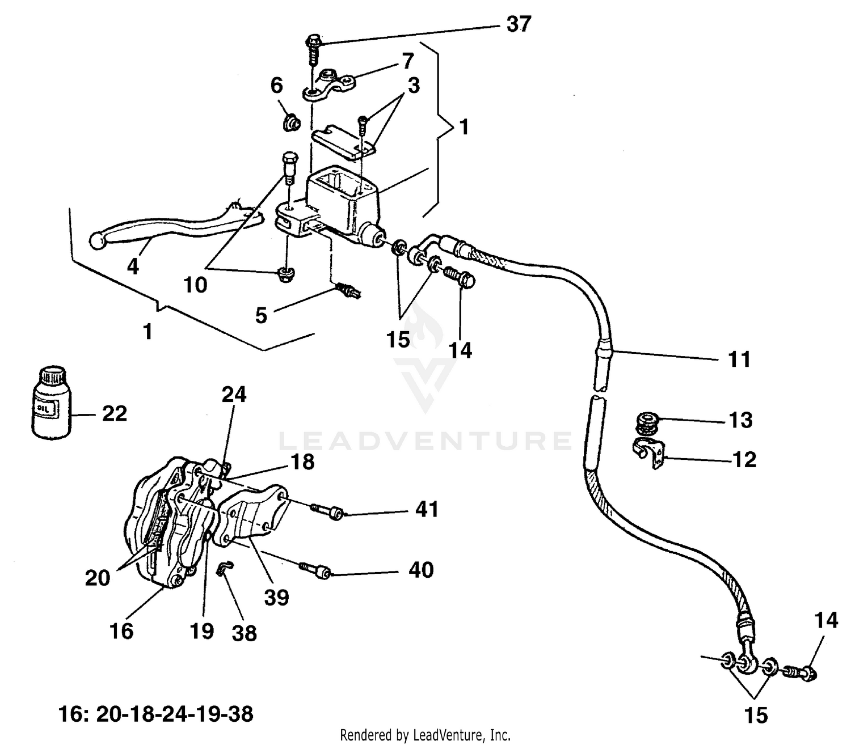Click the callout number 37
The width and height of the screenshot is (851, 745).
tap(517, 25)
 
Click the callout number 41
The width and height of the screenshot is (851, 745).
tap(427, 509)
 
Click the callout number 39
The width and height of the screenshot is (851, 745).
tap(276, 596)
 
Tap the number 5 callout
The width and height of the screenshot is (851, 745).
tap(261, 316)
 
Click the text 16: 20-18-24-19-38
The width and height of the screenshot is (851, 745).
tap(157, 714)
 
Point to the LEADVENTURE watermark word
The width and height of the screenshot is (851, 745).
tap(425, 441)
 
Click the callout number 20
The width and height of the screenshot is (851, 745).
tap(97, 578)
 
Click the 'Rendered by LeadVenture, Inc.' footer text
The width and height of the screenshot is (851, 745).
tap(425, 735)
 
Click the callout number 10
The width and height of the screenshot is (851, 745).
tap(195, 285)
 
